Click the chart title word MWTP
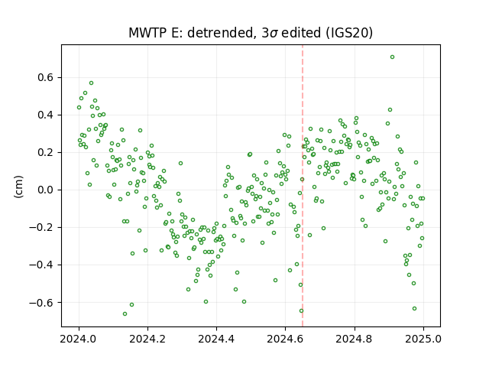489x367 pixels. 147,33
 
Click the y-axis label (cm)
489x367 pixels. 18,187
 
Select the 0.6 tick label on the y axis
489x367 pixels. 46,77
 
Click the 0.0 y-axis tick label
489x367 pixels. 46,190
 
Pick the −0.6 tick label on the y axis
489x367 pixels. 42,303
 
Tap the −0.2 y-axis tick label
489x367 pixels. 42,228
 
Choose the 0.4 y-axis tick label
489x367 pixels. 46,115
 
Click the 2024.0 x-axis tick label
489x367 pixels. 79,339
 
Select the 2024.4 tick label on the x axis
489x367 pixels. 216,339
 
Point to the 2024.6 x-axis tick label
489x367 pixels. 285,339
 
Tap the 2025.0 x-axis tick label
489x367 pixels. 423,339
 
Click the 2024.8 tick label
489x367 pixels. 355,339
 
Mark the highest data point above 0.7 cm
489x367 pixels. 392,57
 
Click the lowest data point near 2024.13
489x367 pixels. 125,313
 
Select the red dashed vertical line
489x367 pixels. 303,186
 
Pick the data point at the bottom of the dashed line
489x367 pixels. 301,311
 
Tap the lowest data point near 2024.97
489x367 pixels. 414,308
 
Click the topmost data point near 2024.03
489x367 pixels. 91,83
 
